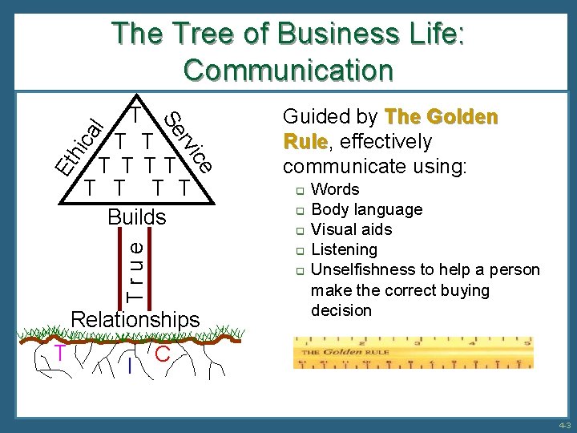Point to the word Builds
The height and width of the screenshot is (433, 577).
coord(137,217)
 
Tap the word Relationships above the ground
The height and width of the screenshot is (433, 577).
coord(135,320)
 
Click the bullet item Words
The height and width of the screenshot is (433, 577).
coord(335,190)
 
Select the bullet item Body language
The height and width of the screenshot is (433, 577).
coord(366,210)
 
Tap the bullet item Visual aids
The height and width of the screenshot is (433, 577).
coord(351,230)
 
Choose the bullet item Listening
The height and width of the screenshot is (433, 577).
coord(344,250)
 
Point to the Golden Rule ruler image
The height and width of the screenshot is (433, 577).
coord(414,353)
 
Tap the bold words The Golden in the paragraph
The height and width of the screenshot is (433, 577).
coord(442,117)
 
